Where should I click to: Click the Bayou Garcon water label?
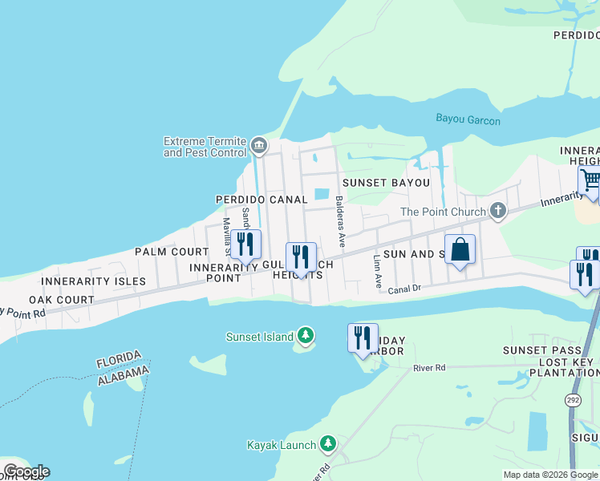(x=468, y=120)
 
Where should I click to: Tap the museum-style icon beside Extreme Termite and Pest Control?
(x=258, y=145)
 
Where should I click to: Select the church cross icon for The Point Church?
(x=498, y=212)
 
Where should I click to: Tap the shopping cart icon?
(x=590, y=180)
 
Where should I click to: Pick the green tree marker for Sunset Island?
(x=305, y=336)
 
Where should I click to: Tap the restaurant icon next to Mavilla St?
(x=246, y=245)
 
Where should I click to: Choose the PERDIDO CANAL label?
(x=261, y=199)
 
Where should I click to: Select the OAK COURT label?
(x=62, y=300)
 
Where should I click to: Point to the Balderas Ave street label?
(x=341, y=220)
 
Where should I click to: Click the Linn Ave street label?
(x=378, y=272)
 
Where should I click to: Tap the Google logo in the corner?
(x=26, y=471)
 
